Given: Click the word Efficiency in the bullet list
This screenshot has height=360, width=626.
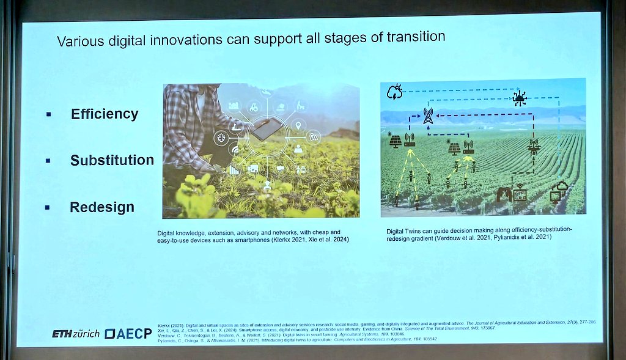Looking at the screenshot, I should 105,114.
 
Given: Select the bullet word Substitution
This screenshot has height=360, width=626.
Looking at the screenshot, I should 112,160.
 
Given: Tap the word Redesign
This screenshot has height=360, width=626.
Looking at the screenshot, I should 102,207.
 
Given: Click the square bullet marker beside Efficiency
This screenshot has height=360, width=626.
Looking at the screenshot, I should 48,114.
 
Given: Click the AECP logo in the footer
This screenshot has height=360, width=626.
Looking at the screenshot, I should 127,334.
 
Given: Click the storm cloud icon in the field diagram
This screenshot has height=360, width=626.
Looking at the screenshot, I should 394,92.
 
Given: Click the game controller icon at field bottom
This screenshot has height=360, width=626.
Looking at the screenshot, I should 503,194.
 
